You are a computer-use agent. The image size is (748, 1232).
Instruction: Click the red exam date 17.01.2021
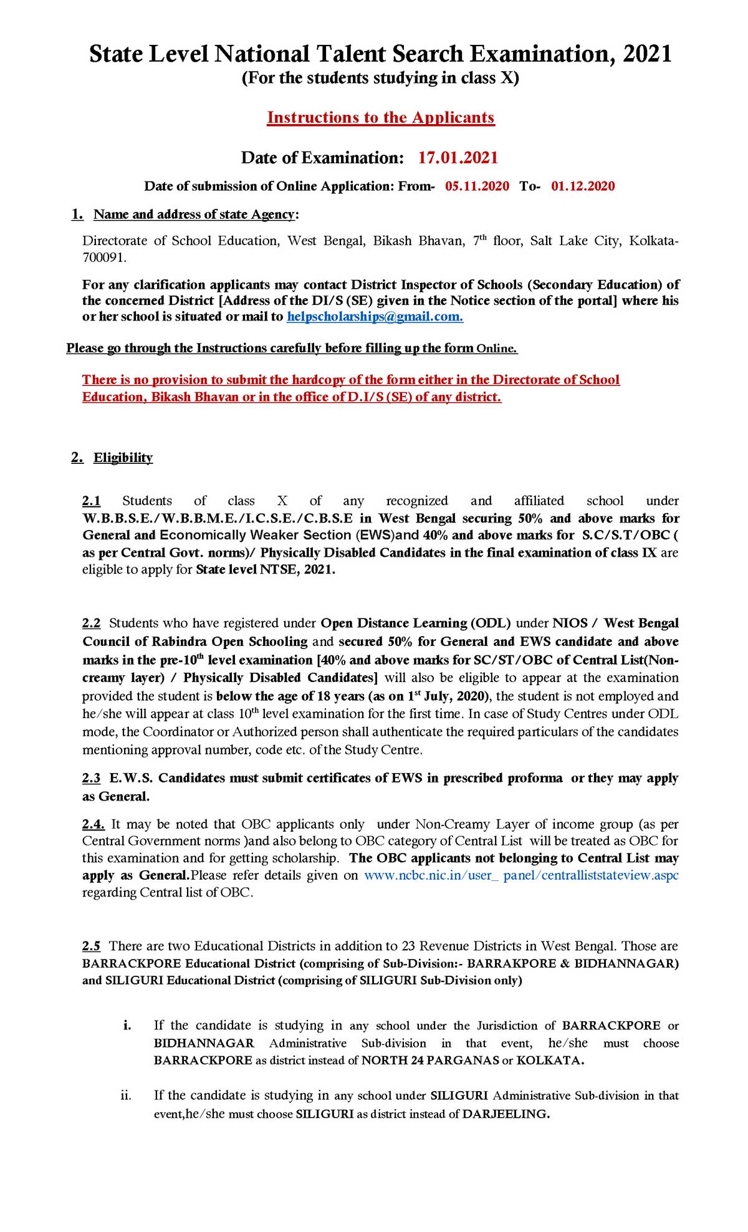click(458, 158)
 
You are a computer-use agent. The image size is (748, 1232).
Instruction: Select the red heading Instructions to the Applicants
click(381, 118)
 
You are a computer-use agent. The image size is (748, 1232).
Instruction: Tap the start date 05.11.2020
click(477, 186)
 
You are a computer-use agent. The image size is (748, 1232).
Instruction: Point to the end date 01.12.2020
click(583, 186)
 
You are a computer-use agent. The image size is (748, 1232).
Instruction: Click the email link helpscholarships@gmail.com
click(375, 317)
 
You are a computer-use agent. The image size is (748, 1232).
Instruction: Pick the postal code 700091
click(103, 257)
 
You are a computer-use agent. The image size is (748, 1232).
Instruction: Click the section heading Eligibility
click(123, 458)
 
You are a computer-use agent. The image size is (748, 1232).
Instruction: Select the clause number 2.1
click(92, 501)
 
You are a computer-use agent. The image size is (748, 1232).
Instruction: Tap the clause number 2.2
click(92, 623)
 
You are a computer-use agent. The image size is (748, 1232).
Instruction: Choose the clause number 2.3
click(92, 778)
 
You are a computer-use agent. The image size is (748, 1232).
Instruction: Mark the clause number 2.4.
click(93, 824)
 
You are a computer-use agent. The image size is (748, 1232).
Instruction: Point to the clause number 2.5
click(92, 946)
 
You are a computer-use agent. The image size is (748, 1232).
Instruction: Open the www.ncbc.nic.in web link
click(521, 875)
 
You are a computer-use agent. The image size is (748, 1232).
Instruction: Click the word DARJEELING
click(506, 1114)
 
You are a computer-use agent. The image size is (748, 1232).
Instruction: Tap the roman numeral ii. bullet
click(126, 1095)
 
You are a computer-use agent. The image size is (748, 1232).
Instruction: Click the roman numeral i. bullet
click(127, 1026)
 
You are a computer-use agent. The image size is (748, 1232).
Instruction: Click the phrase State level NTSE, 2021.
click(266, 570)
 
